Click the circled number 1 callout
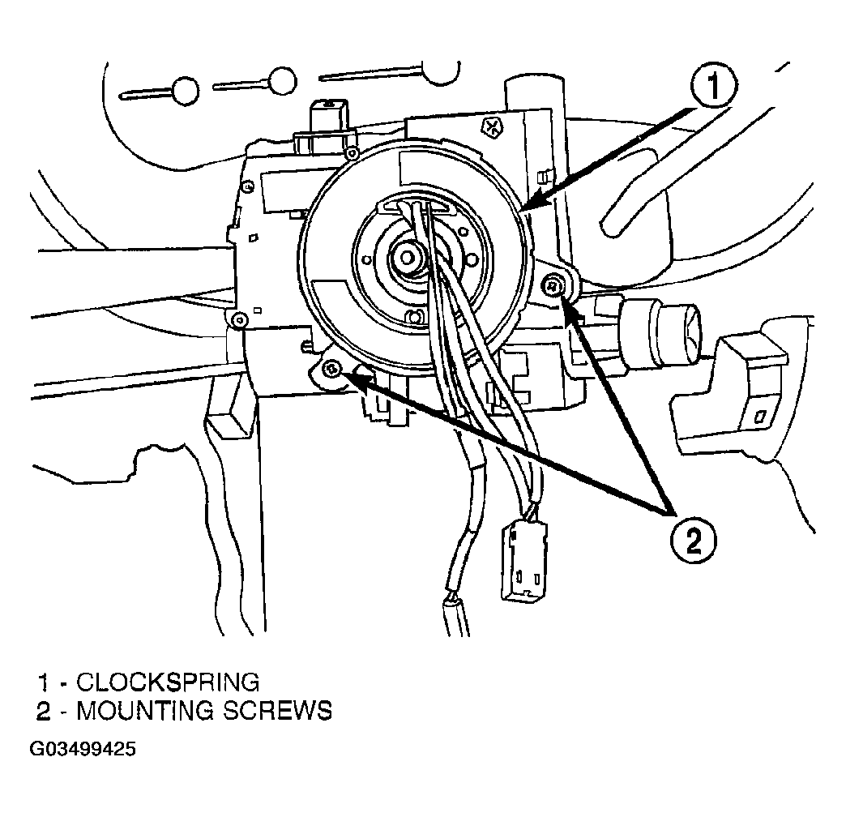pyautogui.click(x=713, y=88)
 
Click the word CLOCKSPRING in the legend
pyautogui.click(x=168, y=682)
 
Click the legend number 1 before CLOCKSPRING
pyautogui.click(x=44, y=682)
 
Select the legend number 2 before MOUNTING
pyautogui.click(x=43, y=712)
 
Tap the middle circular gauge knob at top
pyautogui.click(x=282, y=82)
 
